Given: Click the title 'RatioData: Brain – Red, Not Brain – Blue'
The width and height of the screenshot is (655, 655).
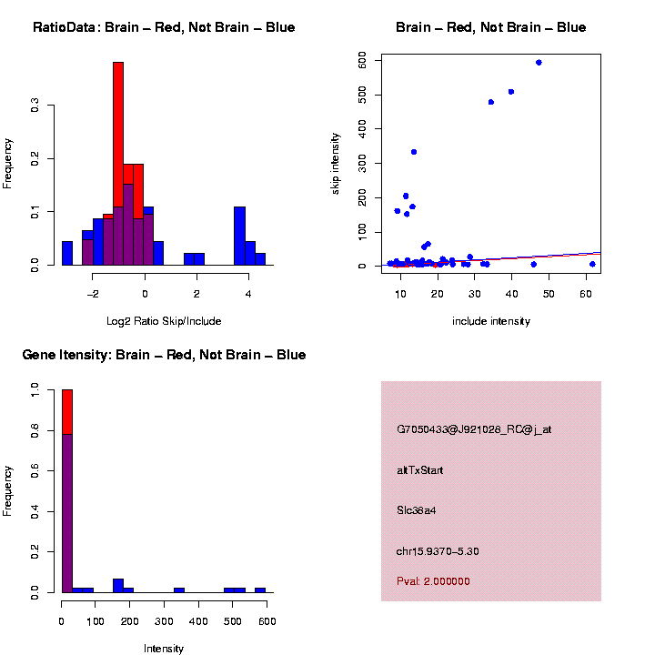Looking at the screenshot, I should [164, 27].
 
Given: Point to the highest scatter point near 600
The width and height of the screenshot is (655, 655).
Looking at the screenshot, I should [539, 63].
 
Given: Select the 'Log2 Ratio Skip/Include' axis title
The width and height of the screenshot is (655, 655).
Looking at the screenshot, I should [164, 321].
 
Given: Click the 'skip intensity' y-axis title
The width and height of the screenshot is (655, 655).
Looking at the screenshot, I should [336, 163].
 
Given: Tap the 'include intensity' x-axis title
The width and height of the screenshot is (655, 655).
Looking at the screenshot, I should [490, 321].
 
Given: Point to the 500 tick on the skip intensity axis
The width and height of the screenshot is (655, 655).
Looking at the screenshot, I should [362, 94].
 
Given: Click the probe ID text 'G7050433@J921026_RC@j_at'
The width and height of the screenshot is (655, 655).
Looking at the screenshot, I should [474, 429].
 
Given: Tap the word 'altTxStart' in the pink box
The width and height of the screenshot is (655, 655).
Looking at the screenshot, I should [419, 470].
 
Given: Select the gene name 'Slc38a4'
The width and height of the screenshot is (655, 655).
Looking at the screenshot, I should [417, 510].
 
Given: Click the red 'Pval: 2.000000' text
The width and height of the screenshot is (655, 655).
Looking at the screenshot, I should [433, 580].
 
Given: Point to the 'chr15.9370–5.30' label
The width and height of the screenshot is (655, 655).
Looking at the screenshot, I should [438, 551].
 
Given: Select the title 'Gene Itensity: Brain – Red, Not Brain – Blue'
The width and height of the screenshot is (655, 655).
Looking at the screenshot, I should [164, 355].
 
